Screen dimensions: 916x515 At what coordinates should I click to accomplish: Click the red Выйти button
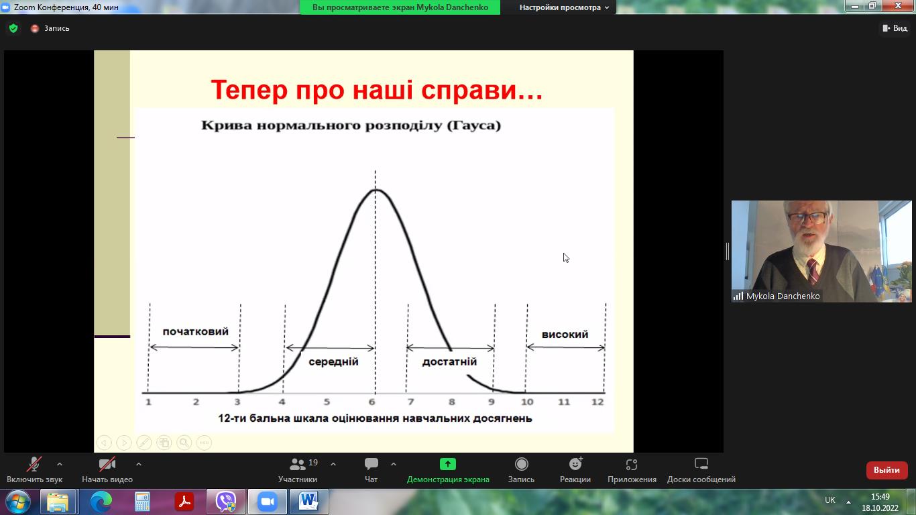tap(886, 470)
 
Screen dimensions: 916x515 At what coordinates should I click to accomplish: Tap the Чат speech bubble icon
tap(371, 464)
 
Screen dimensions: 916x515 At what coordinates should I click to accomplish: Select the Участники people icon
tap(297, 464)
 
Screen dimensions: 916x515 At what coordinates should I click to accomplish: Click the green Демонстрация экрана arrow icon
tap(448, 464)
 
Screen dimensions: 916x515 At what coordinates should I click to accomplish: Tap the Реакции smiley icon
tap(575, 464)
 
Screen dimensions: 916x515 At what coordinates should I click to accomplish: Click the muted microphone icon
tap(34, 464)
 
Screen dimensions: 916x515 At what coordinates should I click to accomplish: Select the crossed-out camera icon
tap(107, 464)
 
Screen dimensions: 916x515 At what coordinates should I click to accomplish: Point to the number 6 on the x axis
tap(371, 402)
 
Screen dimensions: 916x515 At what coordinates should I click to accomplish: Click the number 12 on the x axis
tap(597, 402)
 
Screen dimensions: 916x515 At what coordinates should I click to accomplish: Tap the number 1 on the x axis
tap(148, 402)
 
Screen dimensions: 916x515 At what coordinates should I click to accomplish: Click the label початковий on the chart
tap(195, 331)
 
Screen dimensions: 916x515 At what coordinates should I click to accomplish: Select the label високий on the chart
tap(565, 335)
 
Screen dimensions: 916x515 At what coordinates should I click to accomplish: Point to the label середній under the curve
tap(333, 361)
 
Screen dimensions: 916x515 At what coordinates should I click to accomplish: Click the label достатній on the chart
tap(449, 361)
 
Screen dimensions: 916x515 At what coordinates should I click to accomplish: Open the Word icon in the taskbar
tap(308, 502)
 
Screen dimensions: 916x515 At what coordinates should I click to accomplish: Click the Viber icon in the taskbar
tap(226, 502)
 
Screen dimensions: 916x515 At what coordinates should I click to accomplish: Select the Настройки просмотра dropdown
tap(564, 7)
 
